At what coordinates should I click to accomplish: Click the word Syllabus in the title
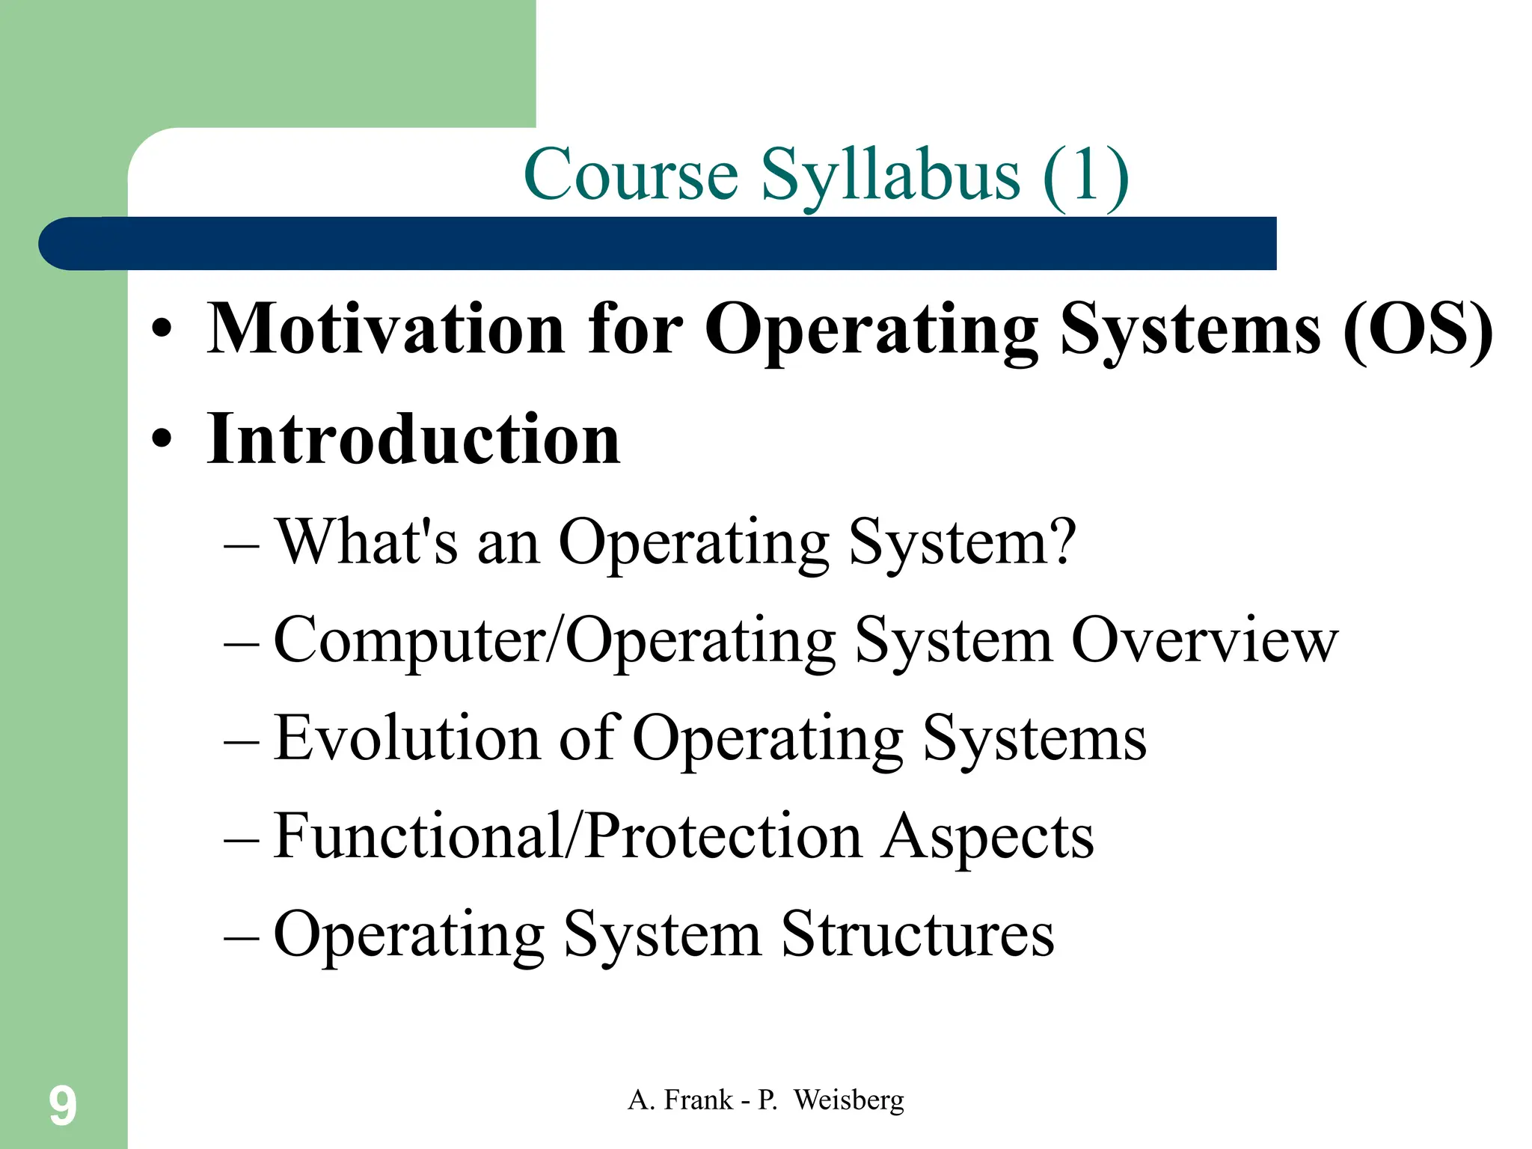(890, 176)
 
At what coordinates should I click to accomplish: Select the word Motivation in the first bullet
(386, 329)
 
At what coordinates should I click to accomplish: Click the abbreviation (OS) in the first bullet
(1418, 329)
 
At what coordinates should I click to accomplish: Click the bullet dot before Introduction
(162, 439)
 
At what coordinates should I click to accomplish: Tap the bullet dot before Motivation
(162, 329)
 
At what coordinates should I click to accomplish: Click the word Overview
(1204, 641)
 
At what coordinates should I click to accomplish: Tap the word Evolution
(406, 738)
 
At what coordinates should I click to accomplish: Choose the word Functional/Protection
(568, 836)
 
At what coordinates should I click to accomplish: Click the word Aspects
(987, 836)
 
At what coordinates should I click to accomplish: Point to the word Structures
(918, 934)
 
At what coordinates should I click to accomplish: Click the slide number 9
(63, 1106)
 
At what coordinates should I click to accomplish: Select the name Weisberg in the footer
(848, 1100)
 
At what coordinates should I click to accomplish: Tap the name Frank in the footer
(698, 1100)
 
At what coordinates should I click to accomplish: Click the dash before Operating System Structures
(241, 936)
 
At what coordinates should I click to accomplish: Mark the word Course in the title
(631, 176)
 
